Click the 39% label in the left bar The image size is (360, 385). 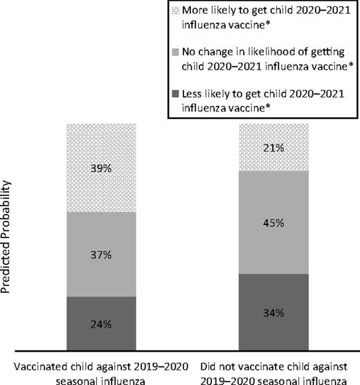tap(101, 168)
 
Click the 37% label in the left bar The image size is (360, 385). tap(101, 254)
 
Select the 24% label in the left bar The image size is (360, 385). tap(101, 324)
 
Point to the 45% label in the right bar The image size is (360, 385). tap(273, 222)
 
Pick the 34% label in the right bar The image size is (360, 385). tap(273, 312)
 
